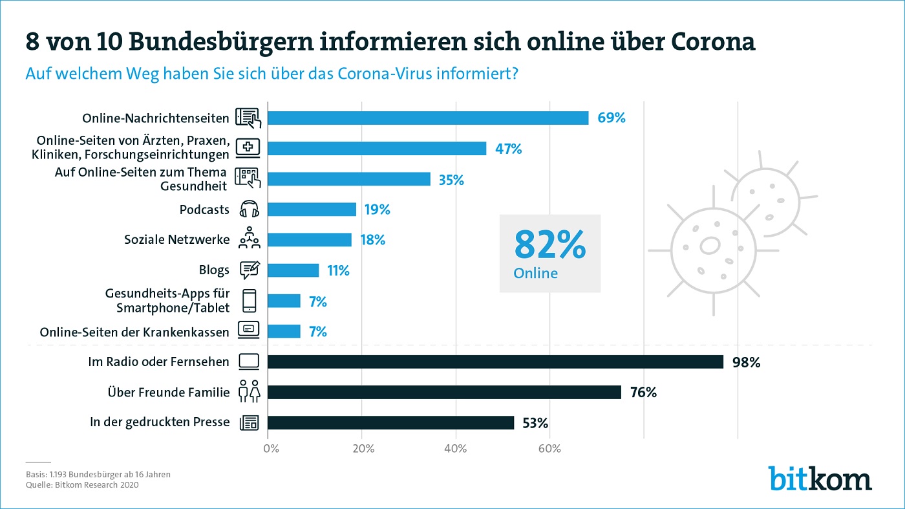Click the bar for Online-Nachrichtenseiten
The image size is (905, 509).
pos(428,118)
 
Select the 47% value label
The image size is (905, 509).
pos(509,149)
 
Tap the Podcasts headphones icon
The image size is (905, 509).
pos(250,210)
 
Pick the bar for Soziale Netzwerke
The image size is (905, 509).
pos(310,240)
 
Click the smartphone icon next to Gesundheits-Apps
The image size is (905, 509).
pos(249,301)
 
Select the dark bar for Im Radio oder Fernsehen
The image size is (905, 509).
pos(495,362)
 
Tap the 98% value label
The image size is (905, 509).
pos(746,362)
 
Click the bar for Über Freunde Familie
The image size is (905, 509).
pos(444,392)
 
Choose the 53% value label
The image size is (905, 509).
pos(535,423)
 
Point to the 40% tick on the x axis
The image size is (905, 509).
pos(456,448)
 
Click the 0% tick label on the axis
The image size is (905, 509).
pos(270,448)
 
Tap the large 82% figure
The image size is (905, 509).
pos(550,244)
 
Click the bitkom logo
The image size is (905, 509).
pos(820,479)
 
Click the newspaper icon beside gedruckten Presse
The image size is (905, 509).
pos(249,423)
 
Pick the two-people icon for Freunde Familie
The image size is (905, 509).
pos(249,392)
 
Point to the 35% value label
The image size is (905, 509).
pos(451,180)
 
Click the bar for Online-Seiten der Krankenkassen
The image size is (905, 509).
pos(284,331)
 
